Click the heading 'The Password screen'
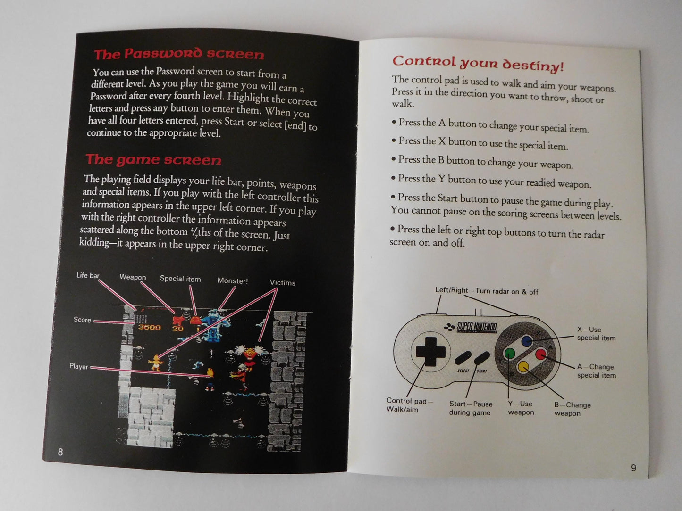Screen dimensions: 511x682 tap(179, 54)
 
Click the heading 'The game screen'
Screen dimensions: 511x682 tap(153, 160)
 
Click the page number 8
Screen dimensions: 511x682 tap(60, 452)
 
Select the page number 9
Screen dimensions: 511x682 tap(633, 468)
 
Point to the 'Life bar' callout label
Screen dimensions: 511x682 tap(88, 275)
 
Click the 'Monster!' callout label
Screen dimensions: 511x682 tap(232, 280)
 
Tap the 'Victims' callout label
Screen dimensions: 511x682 tap(282, 283)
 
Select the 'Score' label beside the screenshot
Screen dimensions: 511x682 tap(82, 320)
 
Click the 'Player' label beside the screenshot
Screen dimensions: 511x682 tap(79, 366)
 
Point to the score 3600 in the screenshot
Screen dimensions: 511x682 tap(149, 327)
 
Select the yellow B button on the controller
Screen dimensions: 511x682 tap(523, 366)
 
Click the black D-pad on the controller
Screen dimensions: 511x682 tap(430, 352)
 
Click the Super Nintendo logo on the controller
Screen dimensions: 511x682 tap(472, 327)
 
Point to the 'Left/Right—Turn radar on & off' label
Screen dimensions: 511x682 tap(486, 291)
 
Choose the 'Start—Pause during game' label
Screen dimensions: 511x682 tap(470, 408)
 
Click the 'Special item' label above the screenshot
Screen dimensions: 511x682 tap(180, 279)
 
